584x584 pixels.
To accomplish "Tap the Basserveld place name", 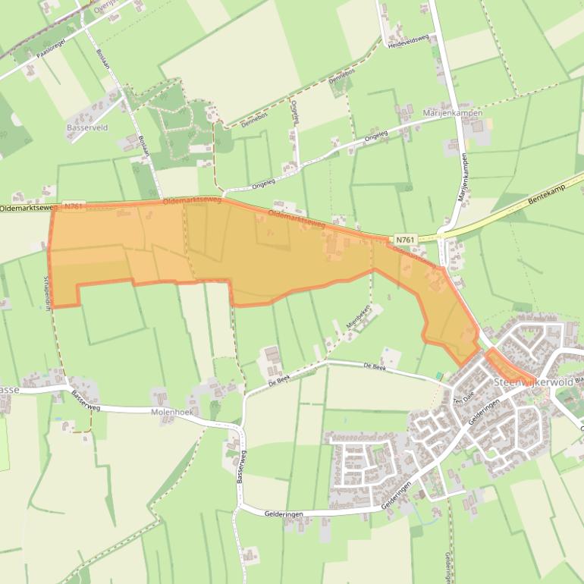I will coord(87,127).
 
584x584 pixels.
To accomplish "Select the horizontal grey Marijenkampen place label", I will coord(452,113).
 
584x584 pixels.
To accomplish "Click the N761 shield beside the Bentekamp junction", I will coord(405,240).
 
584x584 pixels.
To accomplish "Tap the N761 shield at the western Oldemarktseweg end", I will coord(74,206).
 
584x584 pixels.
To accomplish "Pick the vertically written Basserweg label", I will coord(240,463).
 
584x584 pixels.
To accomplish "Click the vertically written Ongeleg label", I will coord(296,115).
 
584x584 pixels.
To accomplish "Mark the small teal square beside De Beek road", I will coord(439,376).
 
